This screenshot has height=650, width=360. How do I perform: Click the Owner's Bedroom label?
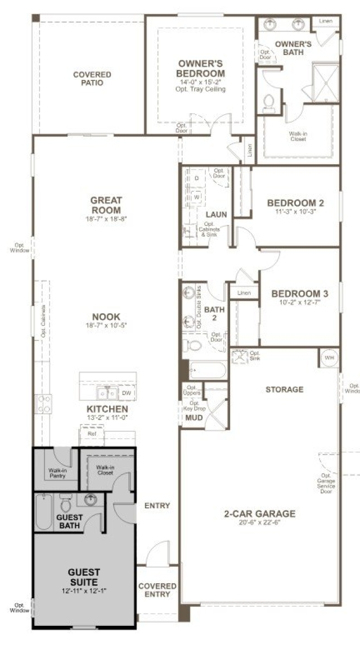pyautogui.click(x=200, y=69)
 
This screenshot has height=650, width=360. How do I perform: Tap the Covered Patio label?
pyautogui.click(x=92, y=79)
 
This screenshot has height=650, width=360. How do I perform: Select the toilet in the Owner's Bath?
pyautogui.click(x=269, y=102)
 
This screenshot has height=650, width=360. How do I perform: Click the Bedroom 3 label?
pyautogui.click(x=299, y=294)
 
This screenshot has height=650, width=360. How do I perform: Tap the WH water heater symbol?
pyautogui.click(x=328, y=357)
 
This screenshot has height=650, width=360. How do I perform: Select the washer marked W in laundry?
pyautogui.click(x=197, y=197)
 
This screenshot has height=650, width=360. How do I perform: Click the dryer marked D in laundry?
pyautogui.click(x=197, y=178)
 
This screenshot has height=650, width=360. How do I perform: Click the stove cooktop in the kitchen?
pyautogui.click(x=43, y=403)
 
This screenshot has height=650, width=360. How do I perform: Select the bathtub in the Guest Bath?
pyautogui.click(x=44, y=512)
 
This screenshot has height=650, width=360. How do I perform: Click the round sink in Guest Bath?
pyautogui.click(x=91, y=499)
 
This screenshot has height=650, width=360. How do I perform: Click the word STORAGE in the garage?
pyautogui.click(x=284, y=389)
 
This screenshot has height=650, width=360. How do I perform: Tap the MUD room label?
pyautogui.click(x=193, y=418)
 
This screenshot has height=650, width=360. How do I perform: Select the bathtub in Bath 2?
pyautogui.click(x=208, y=371)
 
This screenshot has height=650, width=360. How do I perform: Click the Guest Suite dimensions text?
pyautogui.click(x=84, y=591)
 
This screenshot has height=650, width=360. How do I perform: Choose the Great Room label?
pyautogui.click(x=106, y=205)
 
